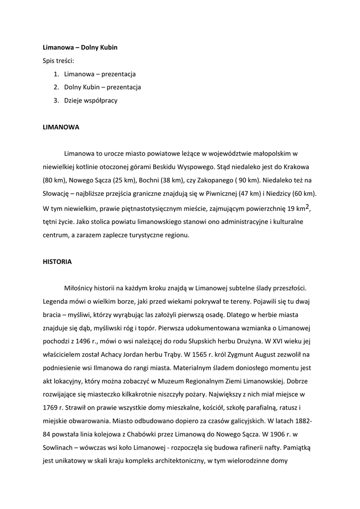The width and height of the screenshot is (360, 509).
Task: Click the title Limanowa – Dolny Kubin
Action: click(80, 48)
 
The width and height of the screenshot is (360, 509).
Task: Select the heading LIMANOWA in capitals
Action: click(61, 127)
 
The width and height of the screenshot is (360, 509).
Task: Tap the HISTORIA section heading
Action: click(57, 261)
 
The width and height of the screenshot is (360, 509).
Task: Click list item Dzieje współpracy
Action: click(90, 100)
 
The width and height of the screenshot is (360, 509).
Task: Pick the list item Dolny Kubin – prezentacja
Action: click(102, 87)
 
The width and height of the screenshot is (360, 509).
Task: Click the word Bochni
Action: click(150, 179)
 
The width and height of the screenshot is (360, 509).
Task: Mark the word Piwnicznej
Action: click(231, 193)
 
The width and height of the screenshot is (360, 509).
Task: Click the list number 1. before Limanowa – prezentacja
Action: click(56, 74)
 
